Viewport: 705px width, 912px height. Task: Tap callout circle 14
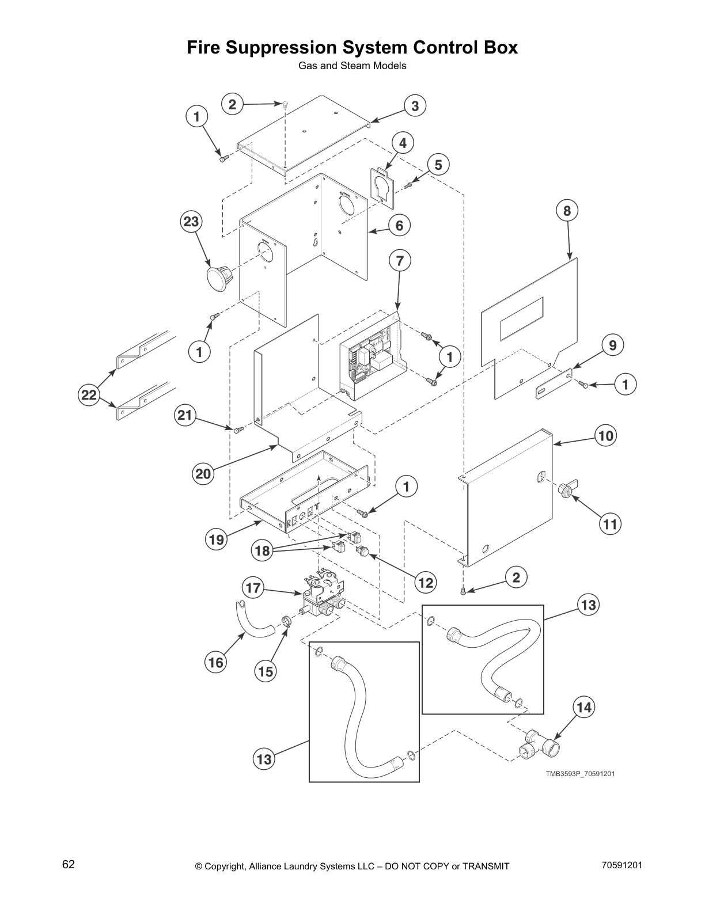click(x=584, y=707)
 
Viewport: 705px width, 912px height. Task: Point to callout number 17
click(x=253, y=588)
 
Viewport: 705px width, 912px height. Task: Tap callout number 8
click(x=567, y=211)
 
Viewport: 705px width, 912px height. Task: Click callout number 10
click(x=606, y=435)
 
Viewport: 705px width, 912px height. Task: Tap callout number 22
click(x=88, y=395)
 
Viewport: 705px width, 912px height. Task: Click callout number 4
click(x=403, y=143)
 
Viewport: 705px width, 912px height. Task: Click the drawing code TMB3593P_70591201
click(x=581, y=773)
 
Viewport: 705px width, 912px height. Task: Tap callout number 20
click(x=203, y=474)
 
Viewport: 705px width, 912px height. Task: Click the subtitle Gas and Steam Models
click(x=352, y=66)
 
